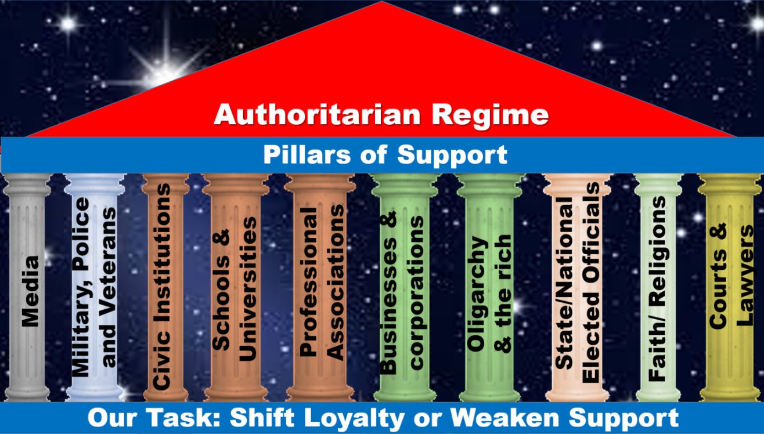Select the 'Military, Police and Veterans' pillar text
coord(94,287)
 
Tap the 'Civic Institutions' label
coord(164,287)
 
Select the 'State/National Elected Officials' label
coord(578,283)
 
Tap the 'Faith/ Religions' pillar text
coord(658,288)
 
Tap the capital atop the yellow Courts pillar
coord(729,185)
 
